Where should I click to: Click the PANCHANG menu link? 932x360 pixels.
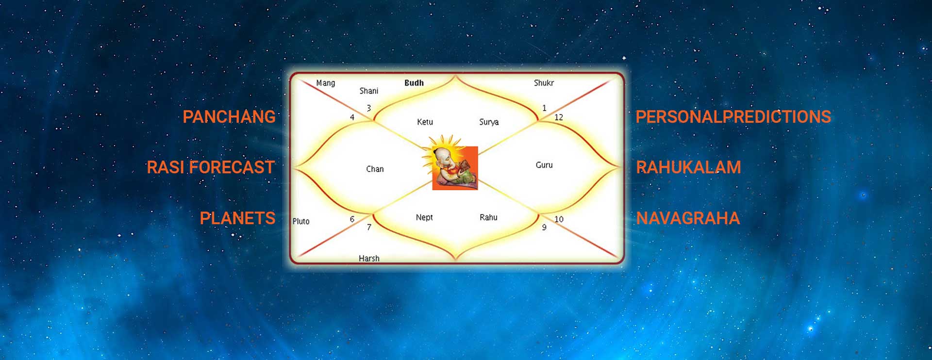click(x=229, y=117)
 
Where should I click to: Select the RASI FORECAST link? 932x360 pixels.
click(x=211, y=167)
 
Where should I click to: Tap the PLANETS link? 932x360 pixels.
click(x=237, y=218)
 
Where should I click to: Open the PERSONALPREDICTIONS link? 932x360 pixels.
click(x=733, y=117)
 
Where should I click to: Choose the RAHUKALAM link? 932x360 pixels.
click(x=688, y=167)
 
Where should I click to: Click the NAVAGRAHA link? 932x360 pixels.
click(x=688, y=218)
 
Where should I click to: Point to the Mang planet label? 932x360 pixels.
click(x=325, y=83)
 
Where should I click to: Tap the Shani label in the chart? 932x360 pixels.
click(x=369, y=91)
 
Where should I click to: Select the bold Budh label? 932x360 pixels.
click(x=414, y=83)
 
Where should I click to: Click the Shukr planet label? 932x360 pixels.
click(x=544, y=83)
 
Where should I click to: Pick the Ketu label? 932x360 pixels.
click(x=425, y=122)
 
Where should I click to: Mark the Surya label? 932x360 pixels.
click(x=489, y=122)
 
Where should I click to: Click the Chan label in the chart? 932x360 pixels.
click(x=375, y=169)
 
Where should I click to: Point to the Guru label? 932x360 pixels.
click(x=544, y=165)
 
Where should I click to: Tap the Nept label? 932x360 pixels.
click(x=424, y=217)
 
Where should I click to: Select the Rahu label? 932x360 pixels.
click(x=488, y=217)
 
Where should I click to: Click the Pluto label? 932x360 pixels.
click(x=301, y=221)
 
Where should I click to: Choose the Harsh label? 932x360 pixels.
click(x=369, y=258)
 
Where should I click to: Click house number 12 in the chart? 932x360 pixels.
click(x=559, y=117)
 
